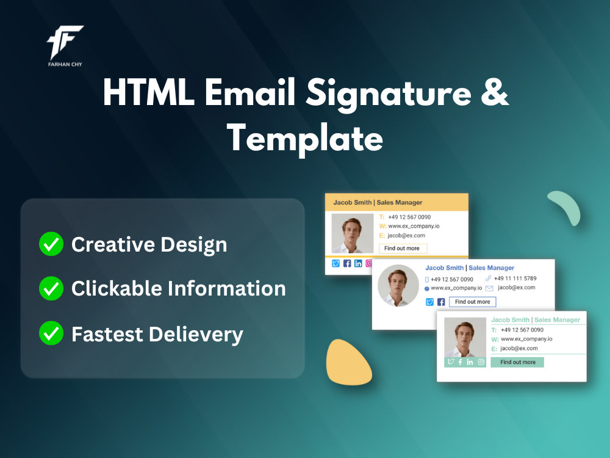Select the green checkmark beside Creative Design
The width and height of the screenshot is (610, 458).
(51, 244)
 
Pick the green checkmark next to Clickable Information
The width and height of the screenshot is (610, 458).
(51, 288)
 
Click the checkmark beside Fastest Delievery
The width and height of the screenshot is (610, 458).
(51, 333)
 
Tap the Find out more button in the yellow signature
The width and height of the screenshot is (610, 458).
(403, 249)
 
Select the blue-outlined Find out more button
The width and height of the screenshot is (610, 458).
(472, 302)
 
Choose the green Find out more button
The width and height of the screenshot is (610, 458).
(517, 362)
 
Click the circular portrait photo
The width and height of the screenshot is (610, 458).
(398, 285)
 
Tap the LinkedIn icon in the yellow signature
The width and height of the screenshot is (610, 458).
(358, 263)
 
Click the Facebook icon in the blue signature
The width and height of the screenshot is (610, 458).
(441, 302)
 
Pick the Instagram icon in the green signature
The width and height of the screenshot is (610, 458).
(481, 362)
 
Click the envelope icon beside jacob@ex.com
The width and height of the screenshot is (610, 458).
(489, 288)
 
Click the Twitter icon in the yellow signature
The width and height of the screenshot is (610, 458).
(335, 263)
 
